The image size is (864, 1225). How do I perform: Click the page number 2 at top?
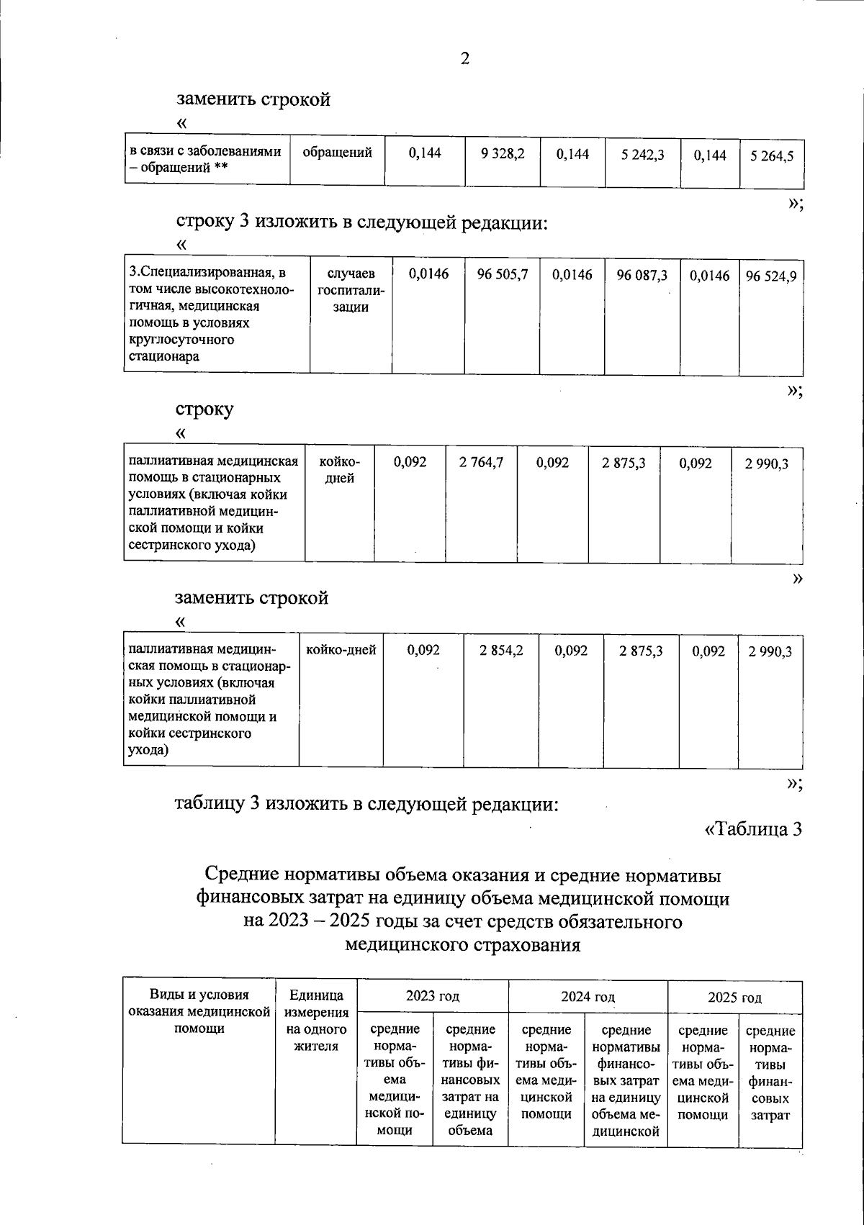click(464, 59)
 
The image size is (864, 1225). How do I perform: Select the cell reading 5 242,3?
click(643, 155)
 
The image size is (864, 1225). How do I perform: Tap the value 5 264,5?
click(771, 156)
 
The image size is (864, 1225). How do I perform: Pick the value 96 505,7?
click(503, 275)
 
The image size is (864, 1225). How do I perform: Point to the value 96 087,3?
click(642, 275)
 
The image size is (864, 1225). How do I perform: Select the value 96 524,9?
click(770, 276)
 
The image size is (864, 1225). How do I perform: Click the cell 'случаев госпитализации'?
click(351, 291)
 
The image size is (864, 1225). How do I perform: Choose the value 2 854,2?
click(502, 651)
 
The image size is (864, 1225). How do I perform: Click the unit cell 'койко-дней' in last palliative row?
click(341, 651)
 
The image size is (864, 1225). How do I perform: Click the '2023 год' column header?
click(432, 996)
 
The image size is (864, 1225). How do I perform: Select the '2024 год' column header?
click(588, 997)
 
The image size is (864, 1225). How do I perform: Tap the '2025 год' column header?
click(734, 998)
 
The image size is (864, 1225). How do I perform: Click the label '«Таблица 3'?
click(752, 829)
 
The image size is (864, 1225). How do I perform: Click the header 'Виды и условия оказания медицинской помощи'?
click(199, 1012)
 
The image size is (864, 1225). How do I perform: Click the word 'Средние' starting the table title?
click(242, 875)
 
